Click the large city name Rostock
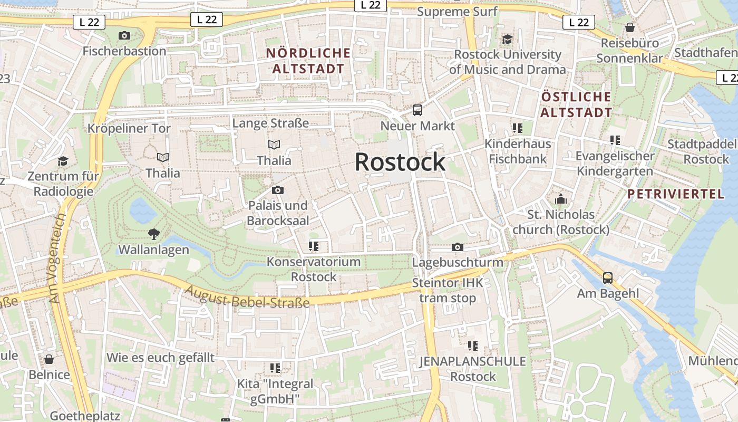pyautogui.click(x=400, y=162)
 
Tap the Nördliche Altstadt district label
pyautogui.click(x=308, y=61)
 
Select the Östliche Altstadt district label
pyautogui.click(x=576, y=104)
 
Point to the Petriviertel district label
pyautogui.click(x=676, y=194)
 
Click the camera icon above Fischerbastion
pyautogui.click(x=124, y=36)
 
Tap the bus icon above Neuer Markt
pyautogui.click(x=417, y=110)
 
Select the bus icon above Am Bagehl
pyautogui.click(x=608, y=277)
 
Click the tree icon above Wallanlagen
pyautogui.click(x=153, y=234)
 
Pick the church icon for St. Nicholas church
pyautogui.click(x=560, y=199)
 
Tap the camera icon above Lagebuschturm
pyautogui.click(x=458, y=247)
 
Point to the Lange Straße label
pyautogui.click(x=270, y=123)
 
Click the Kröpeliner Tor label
pyautogui.click(x=129, y=128)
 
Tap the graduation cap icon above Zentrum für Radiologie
pyautogui.click(x=63, y=161)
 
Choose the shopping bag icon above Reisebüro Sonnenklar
pyautogui.click(x=629, y=27)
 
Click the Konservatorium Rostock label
pyautogui.click(x=314, y=269)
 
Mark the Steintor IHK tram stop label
pyautogui.click(x=448, y=290)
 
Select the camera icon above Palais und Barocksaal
pyautogui.click(x=278, y=190)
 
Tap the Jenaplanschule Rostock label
pyautogui.click(x=473, y=369)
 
